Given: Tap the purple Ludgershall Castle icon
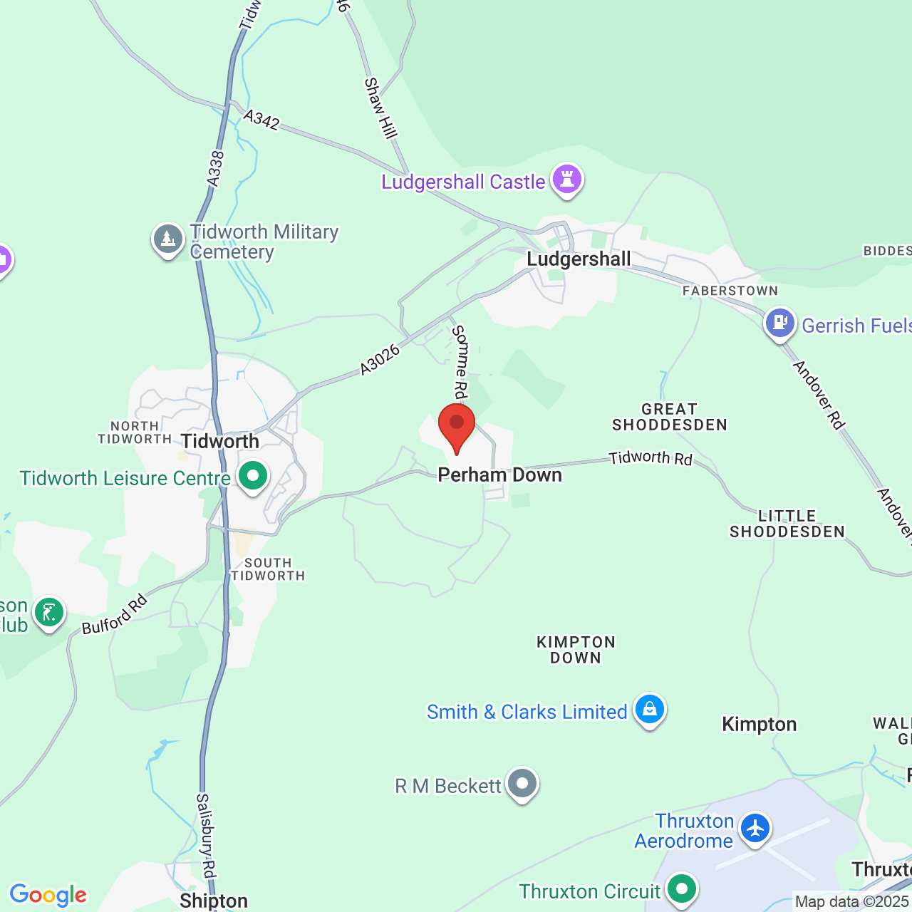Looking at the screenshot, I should (x=567, y=180).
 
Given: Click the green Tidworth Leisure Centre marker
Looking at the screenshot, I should (x=252, y=476).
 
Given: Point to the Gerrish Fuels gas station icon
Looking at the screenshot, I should (x=780, y=323).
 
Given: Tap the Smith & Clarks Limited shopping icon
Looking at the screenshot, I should (x=649, y=710).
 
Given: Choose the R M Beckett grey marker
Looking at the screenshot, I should (x=522, y=784).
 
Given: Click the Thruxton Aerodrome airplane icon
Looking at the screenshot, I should (x=755, y=829).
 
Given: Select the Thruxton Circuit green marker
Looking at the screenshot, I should (x=682, y=889).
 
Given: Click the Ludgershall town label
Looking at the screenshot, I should (x=579, y=259).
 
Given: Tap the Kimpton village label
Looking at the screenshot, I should (x=759, y=725).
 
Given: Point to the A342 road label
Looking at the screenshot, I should (x=261, y=119).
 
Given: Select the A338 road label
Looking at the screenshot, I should (x=216, y=169).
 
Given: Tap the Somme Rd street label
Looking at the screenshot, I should (x=461, y=362).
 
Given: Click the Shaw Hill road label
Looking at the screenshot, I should (x=380, y=108).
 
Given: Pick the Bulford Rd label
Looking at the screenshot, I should (x=114, y=614).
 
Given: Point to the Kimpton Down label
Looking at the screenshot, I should (x=576, y=650).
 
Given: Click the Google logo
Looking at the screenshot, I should (x=48, y=895).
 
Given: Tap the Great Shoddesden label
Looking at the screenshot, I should (x=669, y=417).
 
